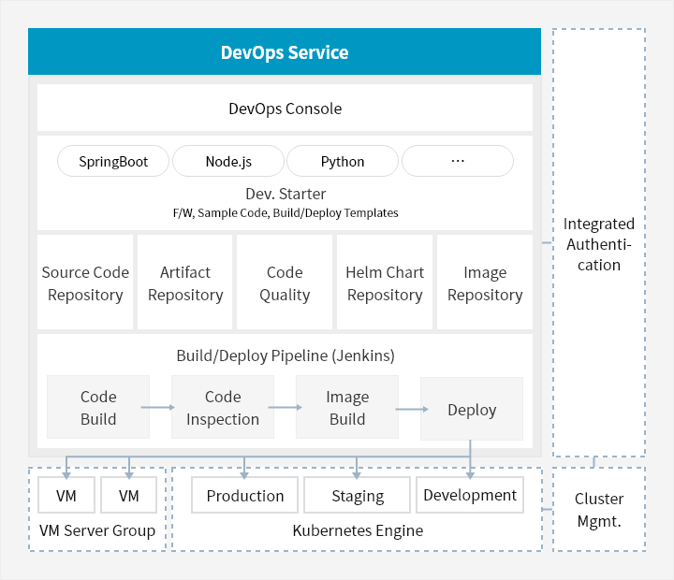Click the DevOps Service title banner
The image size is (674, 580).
pyautogui.click(x=285, y=51)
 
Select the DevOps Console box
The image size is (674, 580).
pyautogui.click(x=285, y=109)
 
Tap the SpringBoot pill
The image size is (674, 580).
pyautogui.click(x=113, y=161)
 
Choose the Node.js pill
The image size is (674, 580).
pyautogui.click(x=228, y=161)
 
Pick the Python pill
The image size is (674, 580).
pyautogui.click(x=343, y=161)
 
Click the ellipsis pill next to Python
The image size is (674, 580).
pyautogui.click(x=457, y=161)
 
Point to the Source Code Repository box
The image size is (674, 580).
pyautogui.click(x=85, y=283)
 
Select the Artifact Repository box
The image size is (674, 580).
pyautogui.click(x=185, y=283)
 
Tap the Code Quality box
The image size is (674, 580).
pyautogui.click(x=285, y=283)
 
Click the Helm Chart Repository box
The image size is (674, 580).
pyautogui.click(x=385, y=283)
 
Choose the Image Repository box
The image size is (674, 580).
pyautogui.click(x=485, y=283)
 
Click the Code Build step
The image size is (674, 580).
pyautogui.click(x=98, y=408)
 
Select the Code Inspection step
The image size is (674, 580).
pyautogui.click(x=223, y=408)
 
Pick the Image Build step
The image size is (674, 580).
pyautogui.click(x=347, y=408)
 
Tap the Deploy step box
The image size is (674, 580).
pyautogui.click(x=472, y=410)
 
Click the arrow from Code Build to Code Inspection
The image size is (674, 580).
pyautogui.click(x=159, y=407)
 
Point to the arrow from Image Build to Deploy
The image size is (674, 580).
pyautogui.click(x=410, y=409)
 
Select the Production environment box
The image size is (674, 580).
pyautogui.click(x=245, y=496)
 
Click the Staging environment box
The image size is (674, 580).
pyautogui.click(x=358, y=496)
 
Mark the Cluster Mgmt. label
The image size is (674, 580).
pyautogui.click(x=599, y=510)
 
